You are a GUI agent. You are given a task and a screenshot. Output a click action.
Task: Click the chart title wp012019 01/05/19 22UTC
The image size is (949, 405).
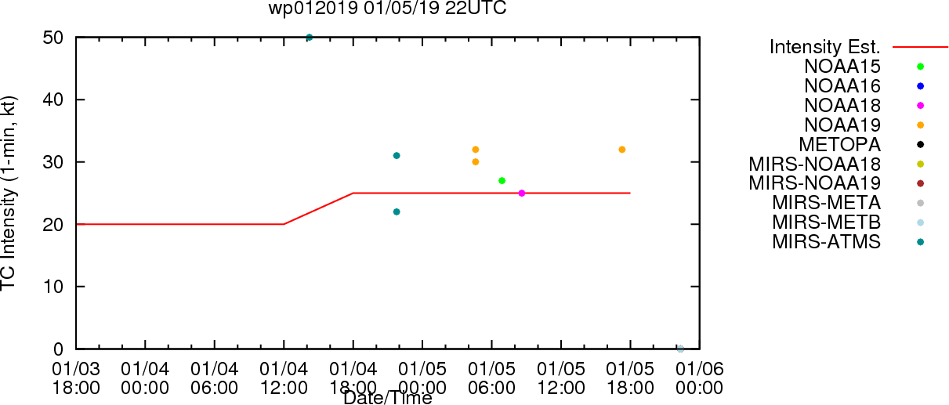tap(387, 8)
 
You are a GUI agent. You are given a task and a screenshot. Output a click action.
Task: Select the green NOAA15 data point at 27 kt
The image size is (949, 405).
tap(502, 181)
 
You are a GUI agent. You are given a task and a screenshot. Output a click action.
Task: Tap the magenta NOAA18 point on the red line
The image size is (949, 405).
tap(522, 193)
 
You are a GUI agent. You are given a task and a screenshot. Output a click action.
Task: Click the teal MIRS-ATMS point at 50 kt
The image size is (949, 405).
tap(310, 38)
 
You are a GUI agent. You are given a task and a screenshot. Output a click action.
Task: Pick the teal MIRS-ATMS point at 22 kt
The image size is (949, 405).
tap(397, 212)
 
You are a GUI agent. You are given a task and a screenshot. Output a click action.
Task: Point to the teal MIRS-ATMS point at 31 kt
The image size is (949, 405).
tap(397, 155)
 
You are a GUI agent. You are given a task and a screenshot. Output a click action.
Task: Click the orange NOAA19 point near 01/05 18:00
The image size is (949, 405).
tap(622, 150)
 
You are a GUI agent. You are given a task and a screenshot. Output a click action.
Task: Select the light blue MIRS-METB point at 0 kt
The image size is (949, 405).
tap(680, 349)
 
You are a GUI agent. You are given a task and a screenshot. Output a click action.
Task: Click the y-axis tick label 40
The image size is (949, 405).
tap(53, 100)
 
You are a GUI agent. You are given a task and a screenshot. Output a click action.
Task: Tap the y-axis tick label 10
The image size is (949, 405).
tap(53, 287)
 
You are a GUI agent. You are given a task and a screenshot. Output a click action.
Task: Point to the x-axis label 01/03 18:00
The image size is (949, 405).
tap(76, 378)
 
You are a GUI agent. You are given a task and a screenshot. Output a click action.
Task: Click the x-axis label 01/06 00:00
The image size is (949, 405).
tap(700, 378)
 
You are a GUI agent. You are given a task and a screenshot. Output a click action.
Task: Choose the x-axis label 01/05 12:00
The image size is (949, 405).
tap(561, 378)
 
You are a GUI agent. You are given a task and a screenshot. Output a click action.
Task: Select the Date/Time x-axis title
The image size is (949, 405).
tap(388, 398)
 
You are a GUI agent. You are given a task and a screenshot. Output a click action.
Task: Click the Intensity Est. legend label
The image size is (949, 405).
tap(825, 47)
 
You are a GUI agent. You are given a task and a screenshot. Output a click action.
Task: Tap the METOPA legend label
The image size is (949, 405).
tap(840, 144)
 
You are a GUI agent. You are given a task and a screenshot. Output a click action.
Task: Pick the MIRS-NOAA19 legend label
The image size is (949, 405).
tap(815, 183)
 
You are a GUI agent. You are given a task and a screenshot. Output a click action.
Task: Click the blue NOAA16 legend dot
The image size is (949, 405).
tap(920, 86)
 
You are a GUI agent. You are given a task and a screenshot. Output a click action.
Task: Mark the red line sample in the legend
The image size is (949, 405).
tap(920, 47)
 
